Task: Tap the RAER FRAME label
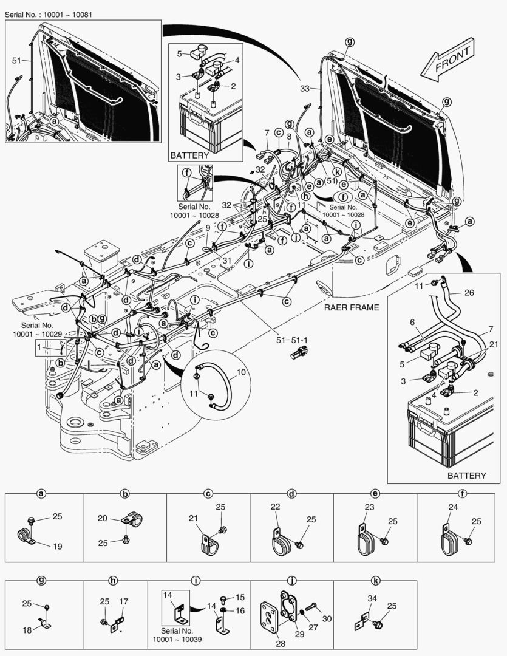click(x=351, y=307)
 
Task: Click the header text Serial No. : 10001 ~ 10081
click(x=49, y=13)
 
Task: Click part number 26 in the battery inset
click(x=469, y=292)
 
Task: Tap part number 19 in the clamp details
click(x=58, y=546)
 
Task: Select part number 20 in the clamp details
click(x=103, y=518)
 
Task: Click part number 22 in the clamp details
click(x=275, y=507)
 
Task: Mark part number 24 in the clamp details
click(x=453, y=508)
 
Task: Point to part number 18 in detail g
click(x=27, y=630)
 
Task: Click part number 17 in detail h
click(x=123, y=602)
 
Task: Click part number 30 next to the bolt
click(x=327, y=618)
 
